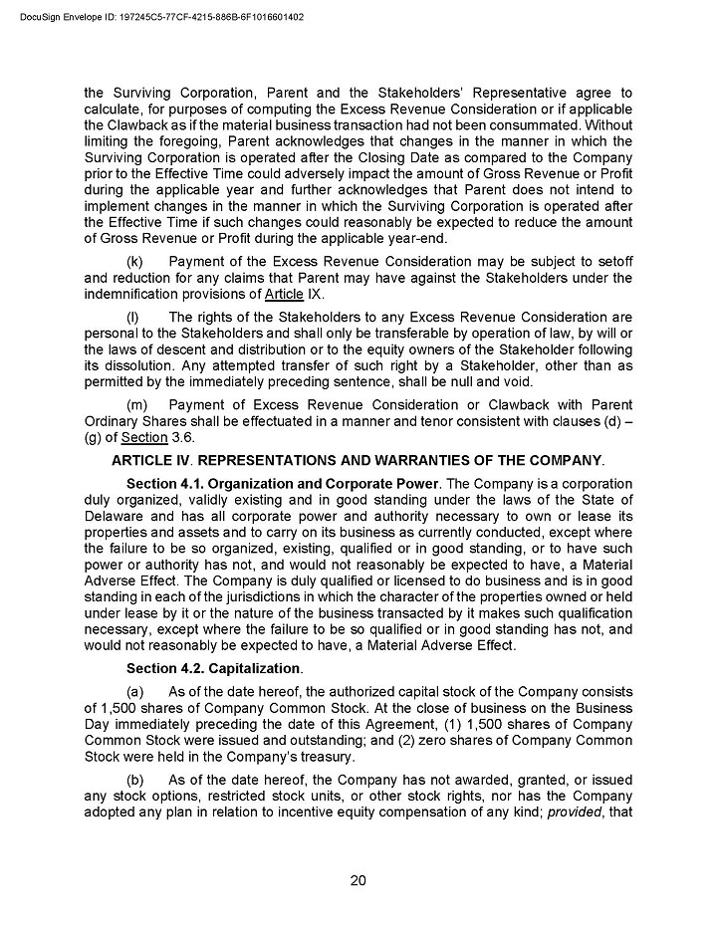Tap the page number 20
[x=358, y=880]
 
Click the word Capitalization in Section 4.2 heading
[x=254, y=668]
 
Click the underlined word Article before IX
[x=285, y=294]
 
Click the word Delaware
[x=116, y=517]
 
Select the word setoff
[x=610, y=262]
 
